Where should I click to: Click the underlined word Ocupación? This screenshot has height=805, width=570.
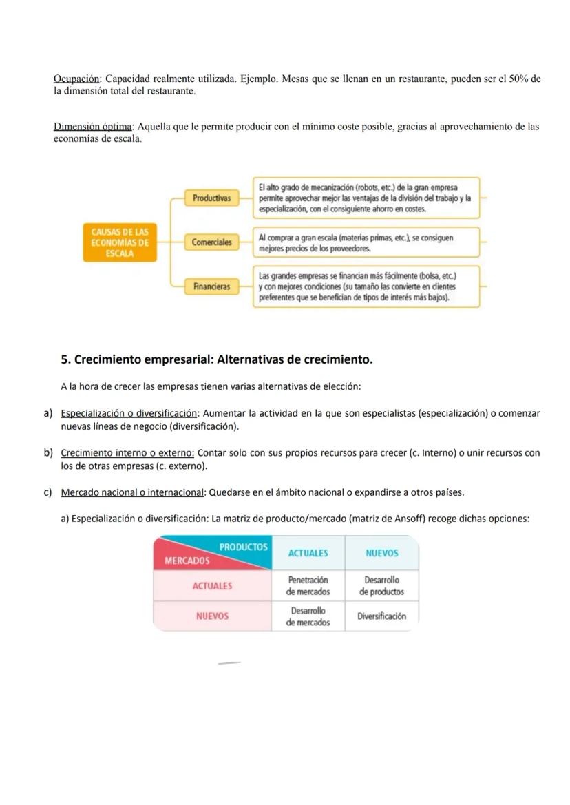(76, 79)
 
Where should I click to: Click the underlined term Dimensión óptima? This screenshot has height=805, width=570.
(94, 127)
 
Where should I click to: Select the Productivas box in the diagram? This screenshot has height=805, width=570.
(211, 198)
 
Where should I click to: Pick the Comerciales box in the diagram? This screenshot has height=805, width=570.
(211, 242)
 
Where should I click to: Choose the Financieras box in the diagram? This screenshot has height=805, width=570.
(211, 286)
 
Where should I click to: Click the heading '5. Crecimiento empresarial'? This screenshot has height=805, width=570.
(217, 359)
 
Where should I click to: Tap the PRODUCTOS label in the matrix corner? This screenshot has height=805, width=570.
(243, 547)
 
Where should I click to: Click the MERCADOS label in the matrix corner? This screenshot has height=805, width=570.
(187, 561)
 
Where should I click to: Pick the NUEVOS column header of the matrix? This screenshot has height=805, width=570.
(381, 553)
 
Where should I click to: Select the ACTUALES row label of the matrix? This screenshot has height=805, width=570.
(212, 586)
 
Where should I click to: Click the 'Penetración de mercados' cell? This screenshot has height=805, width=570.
(308, 586)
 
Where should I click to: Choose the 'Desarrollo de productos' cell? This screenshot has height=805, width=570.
(381, 586)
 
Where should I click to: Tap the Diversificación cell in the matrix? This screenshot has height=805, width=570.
(381, 616)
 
